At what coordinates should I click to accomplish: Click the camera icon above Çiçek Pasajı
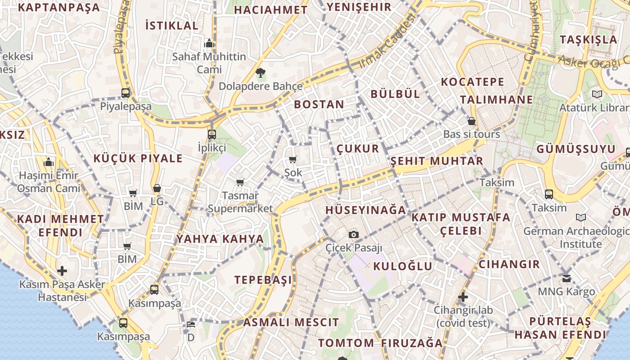click(354, 234)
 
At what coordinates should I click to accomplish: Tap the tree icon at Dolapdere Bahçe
click(260, 72)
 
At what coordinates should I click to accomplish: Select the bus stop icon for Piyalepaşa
click(126, 93)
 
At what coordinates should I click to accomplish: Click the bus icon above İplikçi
click(212, 134)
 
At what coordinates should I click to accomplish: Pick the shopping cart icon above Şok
click(293, 159)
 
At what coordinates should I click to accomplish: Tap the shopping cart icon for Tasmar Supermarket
click(240, 182)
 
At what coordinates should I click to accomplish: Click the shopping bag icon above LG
click(157, 188)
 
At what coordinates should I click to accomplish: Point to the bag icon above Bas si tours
click(472, 121)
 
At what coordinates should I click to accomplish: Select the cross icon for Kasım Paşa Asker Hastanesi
click(62, 271)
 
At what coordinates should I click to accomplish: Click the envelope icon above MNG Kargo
click(567, 278)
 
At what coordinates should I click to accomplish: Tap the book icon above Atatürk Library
click(597, 94)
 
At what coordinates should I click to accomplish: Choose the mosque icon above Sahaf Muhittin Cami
click(209, 44)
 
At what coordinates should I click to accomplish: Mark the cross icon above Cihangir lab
click(463, 297)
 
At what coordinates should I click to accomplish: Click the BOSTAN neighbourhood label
click(319, 104)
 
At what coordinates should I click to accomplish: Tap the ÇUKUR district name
click(358, 148)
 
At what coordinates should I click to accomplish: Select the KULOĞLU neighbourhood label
click(403, 266)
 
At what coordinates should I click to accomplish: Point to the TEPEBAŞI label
click(263, 280)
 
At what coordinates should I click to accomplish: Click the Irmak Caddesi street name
click(387, 41)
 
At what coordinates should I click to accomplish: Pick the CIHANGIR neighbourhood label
click(509, 264)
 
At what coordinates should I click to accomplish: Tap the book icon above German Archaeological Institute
click(581, 218)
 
